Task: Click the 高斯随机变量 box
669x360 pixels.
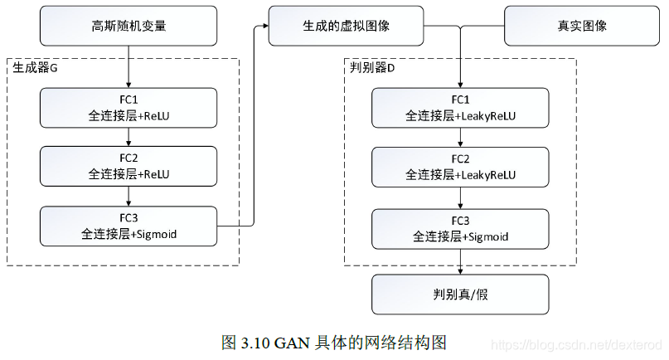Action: pos(128,26)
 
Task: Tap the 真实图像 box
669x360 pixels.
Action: pos(582,26)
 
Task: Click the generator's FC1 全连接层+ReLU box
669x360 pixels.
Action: pos(128,108)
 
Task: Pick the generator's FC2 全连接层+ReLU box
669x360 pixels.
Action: pos(128,167)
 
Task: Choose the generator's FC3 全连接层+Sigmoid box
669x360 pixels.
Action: pos(128,226)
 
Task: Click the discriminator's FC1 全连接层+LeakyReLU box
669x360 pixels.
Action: pos(460,108)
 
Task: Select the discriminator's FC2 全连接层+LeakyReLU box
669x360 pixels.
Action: pos(460,167)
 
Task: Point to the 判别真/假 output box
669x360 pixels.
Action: pos(460,294)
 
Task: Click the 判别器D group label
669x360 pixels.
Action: pos(372,68)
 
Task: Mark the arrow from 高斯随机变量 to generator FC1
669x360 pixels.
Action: pos(128,66)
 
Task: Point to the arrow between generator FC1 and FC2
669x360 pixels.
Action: pos(128,138)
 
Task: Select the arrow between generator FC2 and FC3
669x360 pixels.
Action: pos(128,197)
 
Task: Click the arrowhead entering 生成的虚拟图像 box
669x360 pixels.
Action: pos(264,26)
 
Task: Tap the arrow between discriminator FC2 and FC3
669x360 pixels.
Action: pos(460,197)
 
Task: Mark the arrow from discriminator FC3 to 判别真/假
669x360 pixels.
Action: pos(460,260)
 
